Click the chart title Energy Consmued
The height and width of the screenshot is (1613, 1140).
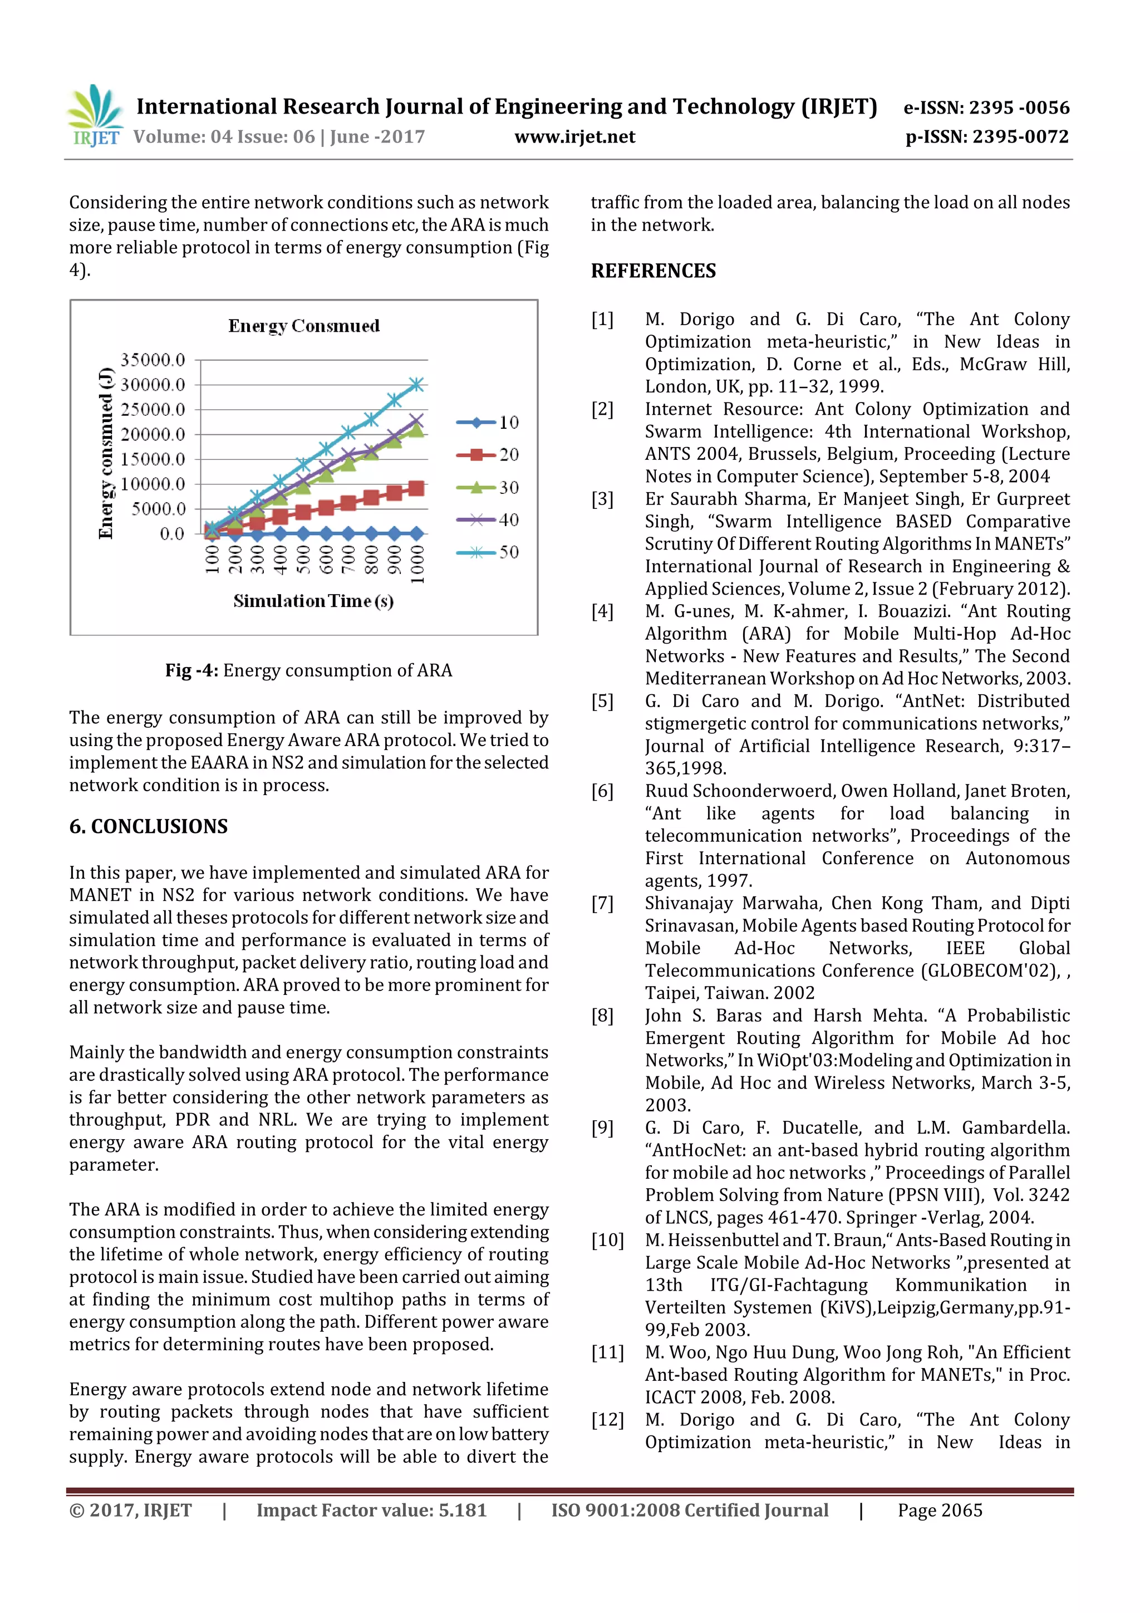tap(303, 326)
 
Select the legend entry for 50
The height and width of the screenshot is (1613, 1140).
tap(488, 552)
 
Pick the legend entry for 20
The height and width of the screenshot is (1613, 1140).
tap(488, 454)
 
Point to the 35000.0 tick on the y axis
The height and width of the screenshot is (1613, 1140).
tap(153, 360)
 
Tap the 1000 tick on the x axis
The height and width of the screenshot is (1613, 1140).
tap(417, 564)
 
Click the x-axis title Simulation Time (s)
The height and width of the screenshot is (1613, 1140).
tap(313, 601)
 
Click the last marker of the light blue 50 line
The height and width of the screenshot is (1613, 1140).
tap(416, 384)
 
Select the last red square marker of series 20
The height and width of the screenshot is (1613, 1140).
tap(416, 488)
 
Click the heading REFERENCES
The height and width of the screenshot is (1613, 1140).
tap(653, 271)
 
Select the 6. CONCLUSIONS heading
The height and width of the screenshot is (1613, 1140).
tap(148, 826)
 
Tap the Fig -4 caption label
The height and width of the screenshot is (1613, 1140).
tap(191, 670)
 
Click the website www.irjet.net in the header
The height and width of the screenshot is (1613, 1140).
tap(574, 137)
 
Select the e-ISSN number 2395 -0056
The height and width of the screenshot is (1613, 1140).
tap(1019, 107)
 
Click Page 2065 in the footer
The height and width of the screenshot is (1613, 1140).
tap(940, 1511)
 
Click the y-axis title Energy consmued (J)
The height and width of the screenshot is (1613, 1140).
tap(105, 453)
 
